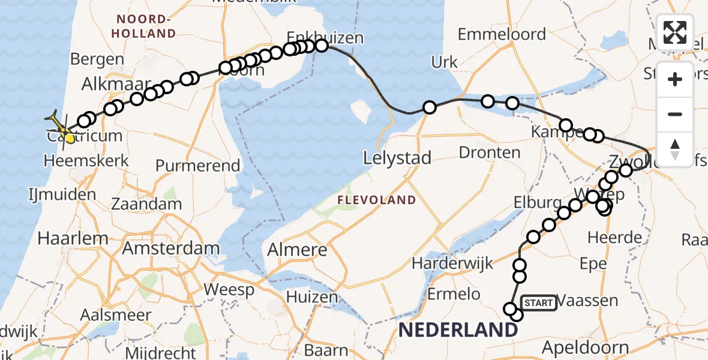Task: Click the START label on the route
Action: pos(538,303)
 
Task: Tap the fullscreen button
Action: pos(675,32)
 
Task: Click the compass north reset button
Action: pos(675,149)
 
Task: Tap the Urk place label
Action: pos(444,62)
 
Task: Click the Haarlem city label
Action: pos(73,238)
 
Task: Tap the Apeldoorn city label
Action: pos(585,347)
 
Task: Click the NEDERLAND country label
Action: pos(457,329)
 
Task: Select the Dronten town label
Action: pos(489,152)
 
